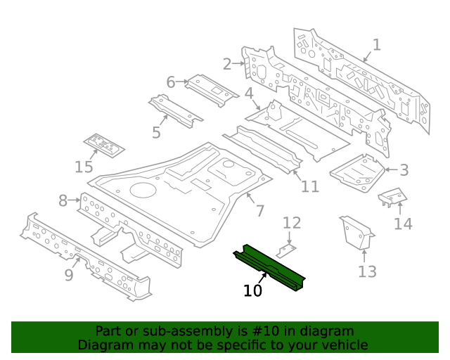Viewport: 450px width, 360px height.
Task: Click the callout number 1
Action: pyautogui.click(x=377, y=45)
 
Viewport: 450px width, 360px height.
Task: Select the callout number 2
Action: pyautogui.click(x=227, y=64)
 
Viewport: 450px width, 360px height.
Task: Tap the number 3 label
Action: pyautogui.click(x=404, y=169)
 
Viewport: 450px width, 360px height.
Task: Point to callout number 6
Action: pyautogui.click(x=171, y=82)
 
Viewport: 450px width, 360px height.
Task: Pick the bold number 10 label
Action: pyautogui.click(x=252, y=290)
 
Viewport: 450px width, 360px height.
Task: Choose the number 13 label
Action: pyautogui.click(x=367, y=271)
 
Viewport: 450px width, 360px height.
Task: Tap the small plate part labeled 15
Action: pyautogui.click(x=104, y=145)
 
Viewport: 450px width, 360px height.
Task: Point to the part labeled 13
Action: pyautogui.click(x=356, y=232)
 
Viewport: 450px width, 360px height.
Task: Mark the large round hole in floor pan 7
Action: pyautogui.click(x=142, y=190)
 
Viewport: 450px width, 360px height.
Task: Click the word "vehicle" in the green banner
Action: pyautogui.click(x=342, y=345)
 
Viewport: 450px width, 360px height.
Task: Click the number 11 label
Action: pyautogui.click(x=310, y=186)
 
